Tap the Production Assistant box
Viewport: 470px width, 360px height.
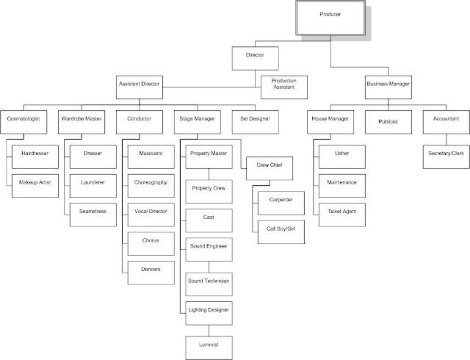click(283, 84)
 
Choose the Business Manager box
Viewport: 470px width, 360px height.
click(387, 85)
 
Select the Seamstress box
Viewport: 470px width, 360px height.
click(93, 212)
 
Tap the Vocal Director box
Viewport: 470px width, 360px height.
click(150, 212)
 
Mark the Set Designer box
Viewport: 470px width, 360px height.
click(255, 118)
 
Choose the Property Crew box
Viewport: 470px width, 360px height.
click(208, 189)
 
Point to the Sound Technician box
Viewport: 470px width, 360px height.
click(208, 281)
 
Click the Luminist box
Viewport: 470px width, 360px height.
click(208, 343)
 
